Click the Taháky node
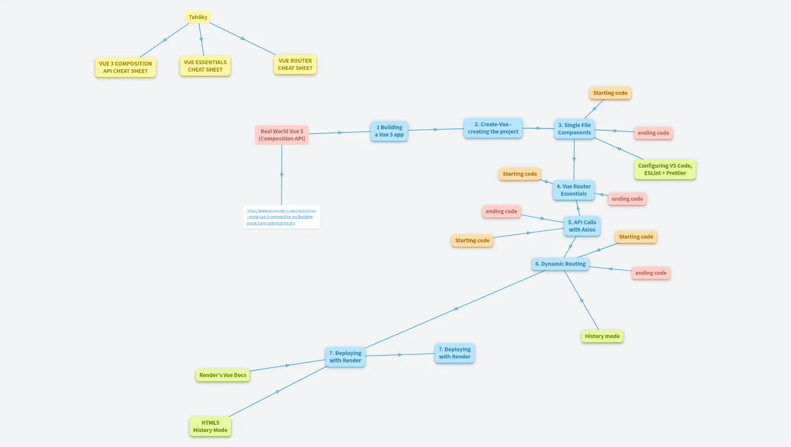(198, 17)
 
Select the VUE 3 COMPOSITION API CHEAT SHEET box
(126, 68)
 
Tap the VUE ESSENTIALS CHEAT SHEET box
(205, 66)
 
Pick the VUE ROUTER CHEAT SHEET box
(295, 65)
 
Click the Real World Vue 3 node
(282, 135)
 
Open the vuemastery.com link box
(281, 217)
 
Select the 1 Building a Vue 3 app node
(389, 131)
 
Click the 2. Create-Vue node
(493, 128)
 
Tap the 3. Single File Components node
(574, 129)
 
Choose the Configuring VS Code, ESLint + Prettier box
(665, 169)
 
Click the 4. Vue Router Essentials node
(573, 190)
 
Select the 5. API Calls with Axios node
(582, 226)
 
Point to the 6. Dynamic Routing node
(560, 264)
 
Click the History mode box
(602, 336)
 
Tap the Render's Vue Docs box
(223, 375)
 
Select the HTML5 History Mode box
(210, 427)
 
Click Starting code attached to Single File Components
(610, 93)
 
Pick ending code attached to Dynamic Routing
(651, 273)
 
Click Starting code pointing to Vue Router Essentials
(520, 174)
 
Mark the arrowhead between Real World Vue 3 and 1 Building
(340, 133)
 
